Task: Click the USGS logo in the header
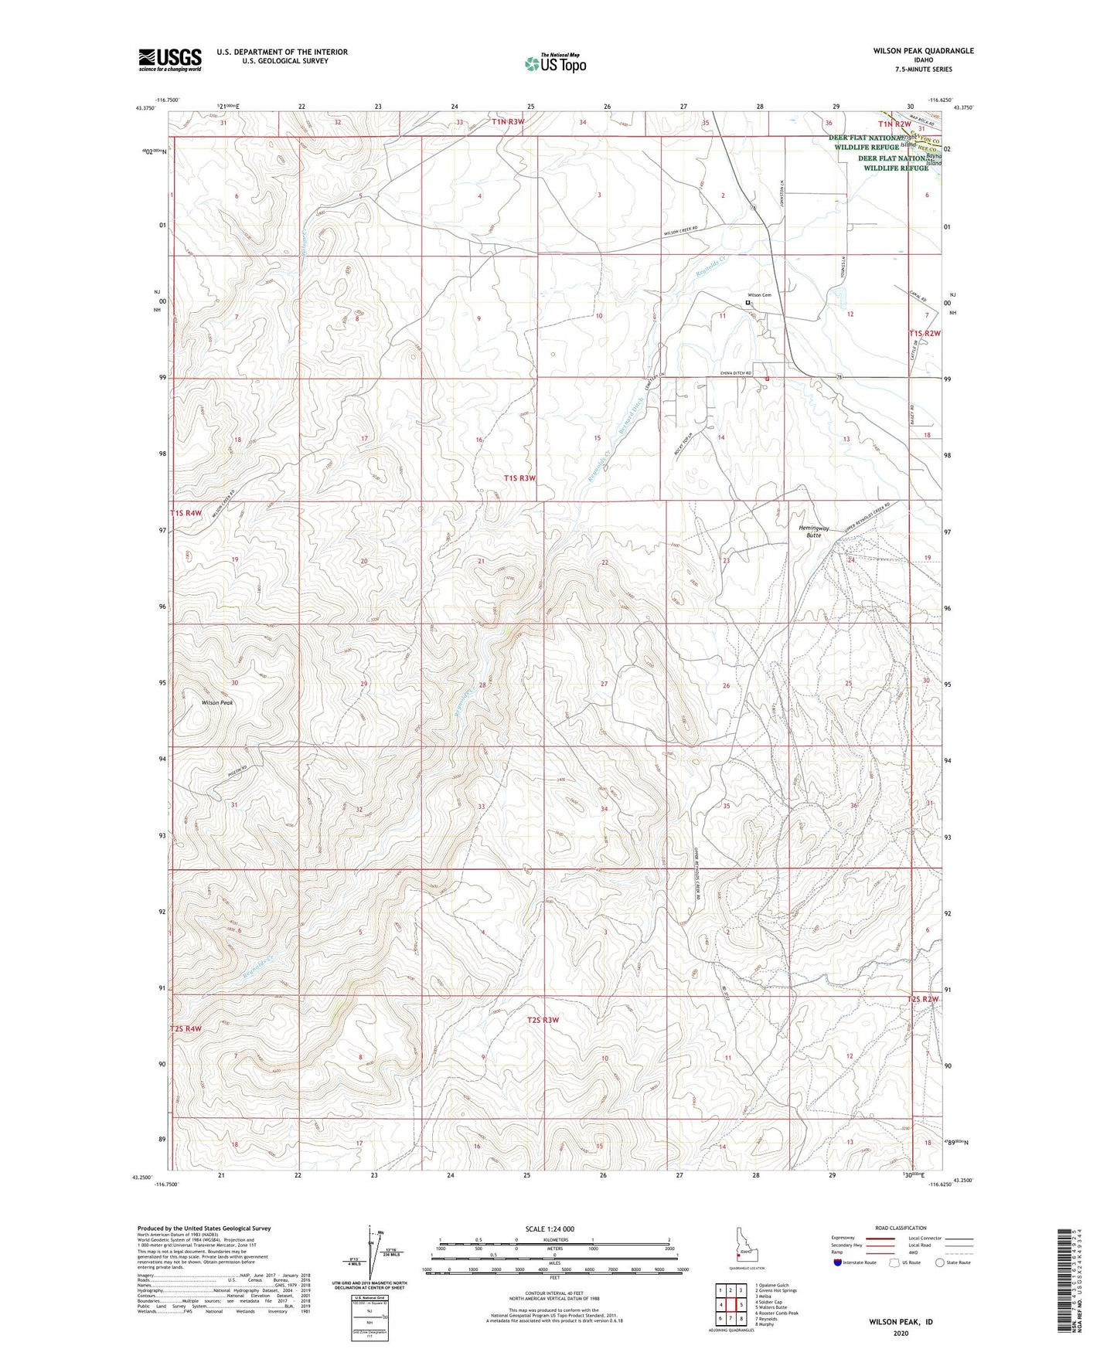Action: tap(170, 59)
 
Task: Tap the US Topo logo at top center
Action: tap(555, 63)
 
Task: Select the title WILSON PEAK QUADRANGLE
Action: tap(923, 51)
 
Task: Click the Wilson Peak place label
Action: tap(217, 703)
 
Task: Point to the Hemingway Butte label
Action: tap(814, 532)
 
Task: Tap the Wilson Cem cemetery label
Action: tap(759, 295)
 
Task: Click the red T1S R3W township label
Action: tap(519, 478)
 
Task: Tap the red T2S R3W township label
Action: tap(543, 1020)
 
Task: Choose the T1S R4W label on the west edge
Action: tap(186, 513)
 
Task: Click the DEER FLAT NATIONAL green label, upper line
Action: tap(871, 138)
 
